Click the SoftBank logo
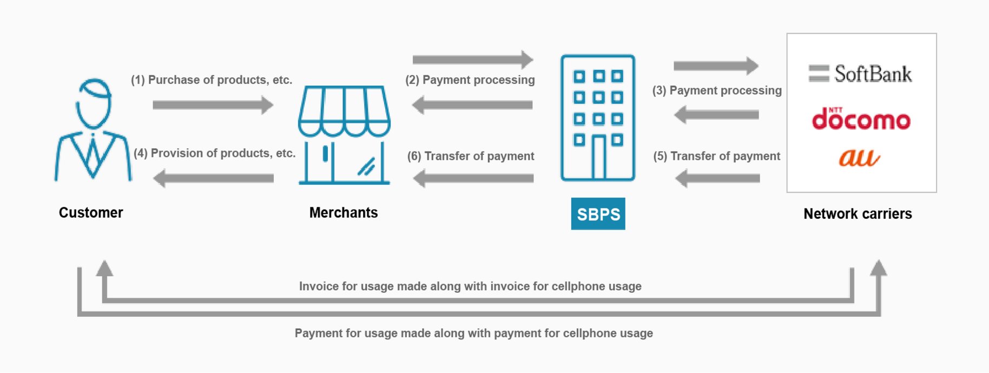(860, 74)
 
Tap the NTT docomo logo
(861, 119)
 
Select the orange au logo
(859, 158)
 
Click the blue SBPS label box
(598, 214)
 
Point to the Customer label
(91, 213)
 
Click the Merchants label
(344, 213)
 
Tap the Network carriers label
(858, 214)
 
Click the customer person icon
(93, 130)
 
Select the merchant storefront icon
(344, 135)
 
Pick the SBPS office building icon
(598, 117)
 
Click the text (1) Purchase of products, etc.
(212, 80)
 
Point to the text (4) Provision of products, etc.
(215, 153)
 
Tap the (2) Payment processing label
(470, 80)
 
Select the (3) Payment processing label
(717, 90)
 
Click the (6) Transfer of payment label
(471, 156)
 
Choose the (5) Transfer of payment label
(717, 156)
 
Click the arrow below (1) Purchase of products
(213, 105)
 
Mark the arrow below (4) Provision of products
(214, 178)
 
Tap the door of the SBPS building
(598, 158)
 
